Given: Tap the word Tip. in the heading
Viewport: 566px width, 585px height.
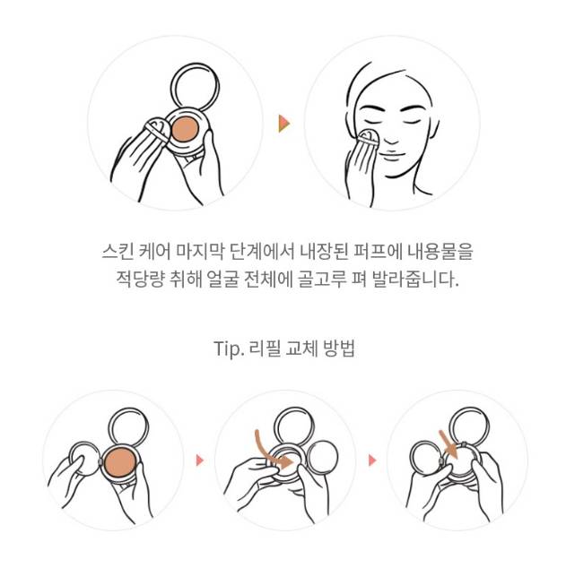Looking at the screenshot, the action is (x=229, y=348).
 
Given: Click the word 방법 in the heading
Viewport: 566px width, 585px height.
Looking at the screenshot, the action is (x=339, y=348).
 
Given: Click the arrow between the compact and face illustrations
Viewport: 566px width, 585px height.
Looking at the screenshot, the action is (x=284, y=124).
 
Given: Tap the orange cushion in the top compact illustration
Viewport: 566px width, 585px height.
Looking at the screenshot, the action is (x=185, y=129).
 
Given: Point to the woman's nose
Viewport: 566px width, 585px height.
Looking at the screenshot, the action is (x=391, y=139).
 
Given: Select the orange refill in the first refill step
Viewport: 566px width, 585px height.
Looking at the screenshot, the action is (x=120, y=463).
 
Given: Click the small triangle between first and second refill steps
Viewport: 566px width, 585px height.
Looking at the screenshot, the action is (x=200, y=460).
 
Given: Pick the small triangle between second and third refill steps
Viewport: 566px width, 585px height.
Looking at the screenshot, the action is (x=372, y=460).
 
